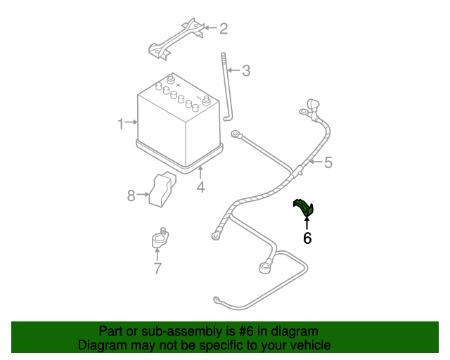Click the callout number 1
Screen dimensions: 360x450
click(121, 124)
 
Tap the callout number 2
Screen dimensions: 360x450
click(224, 29)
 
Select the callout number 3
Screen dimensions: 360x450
click(246, 70)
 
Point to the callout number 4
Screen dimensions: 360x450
click(200, 187)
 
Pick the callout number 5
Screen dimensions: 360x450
click(328, 163)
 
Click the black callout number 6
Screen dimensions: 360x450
click(307, 238)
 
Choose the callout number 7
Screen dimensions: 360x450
click(157, 268)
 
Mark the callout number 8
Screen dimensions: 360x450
click(131, 195)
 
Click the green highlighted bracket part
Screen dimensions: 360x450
click(304, 207)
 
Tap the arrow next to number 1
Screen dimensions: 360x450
click(131, 123)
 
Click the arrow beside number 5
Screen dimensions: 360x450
click(314, 163)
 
